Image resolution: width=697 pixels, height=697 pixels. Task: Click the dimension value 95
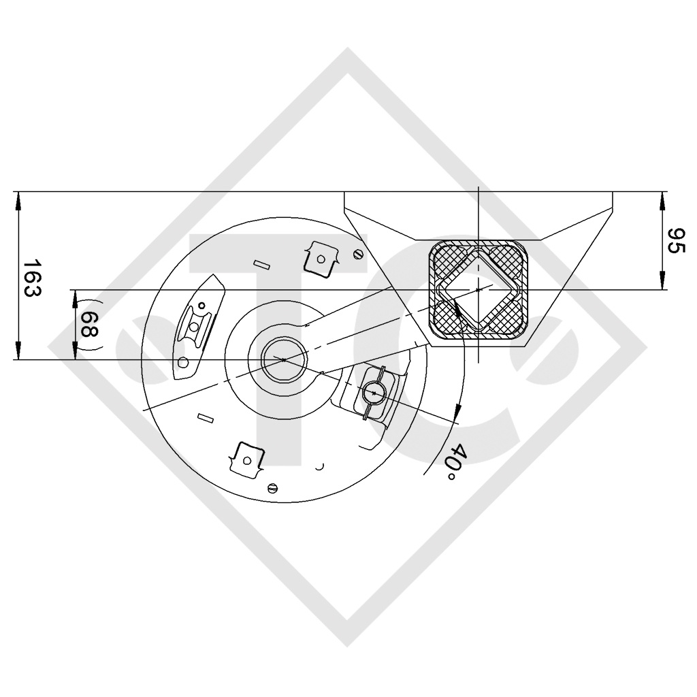(x=675, y=241)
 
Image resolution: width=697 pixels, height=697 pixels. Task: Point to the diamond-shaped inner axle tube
(x=481, y=290)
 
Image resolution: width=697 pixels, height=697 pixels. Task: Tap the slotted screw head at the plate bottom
(x=274, y=487)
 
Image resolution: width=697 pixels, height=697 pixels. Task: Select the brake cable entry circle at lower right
(x=374, y=393)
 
